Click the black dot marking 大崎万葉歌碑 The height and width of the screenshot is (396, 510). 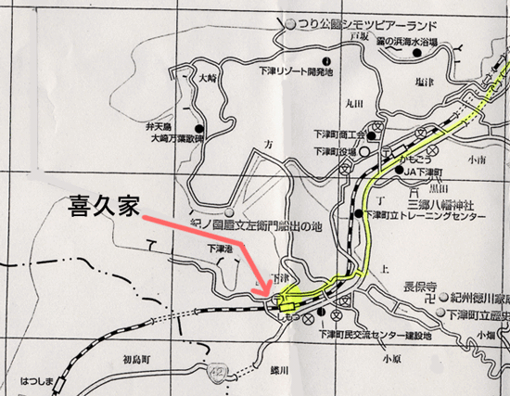(x=200, y=128)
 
